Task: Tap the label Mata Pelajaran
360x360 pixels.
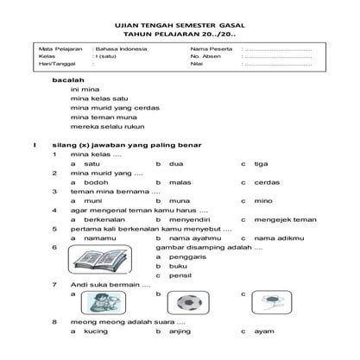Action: click(55, 50)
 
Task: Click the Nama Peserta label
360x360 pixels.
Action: click(207, 50)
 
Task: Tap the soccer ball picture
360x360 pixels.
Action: click(187, 304)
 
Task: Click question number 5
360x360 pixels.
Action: click(54, 228)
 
